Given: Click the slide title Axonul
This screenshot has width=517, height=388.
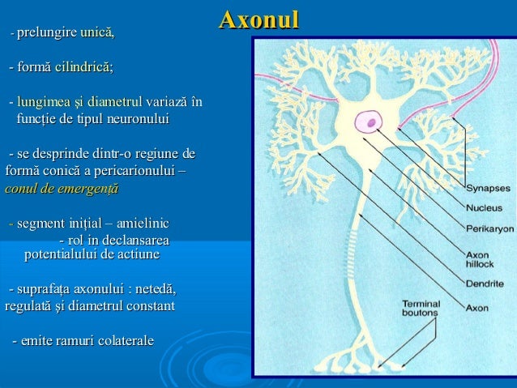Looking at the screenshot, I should [259, 19].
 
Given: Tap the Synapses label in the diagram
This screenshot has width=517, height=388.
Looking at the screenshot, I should [488, 188].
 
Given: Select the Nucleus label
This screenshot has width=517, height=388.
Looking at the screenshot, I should [485, 207].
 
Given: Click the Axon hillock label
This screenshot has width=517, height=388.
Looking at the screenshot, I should [479, 258].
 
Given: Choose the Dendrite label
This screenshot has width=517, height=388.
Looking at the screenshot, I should [485, 284].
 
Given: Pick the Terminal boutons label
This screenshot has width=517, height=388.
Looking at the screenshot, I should [421, 308].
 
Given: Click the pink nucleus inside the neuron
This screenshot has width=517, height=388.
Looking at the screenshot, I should [373, 122].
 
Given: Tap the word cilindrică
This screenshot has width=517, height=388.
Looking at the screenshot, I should [83, 67].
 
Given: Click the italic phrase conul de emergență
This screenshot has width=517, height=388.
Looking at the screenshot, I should [62, 190].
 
